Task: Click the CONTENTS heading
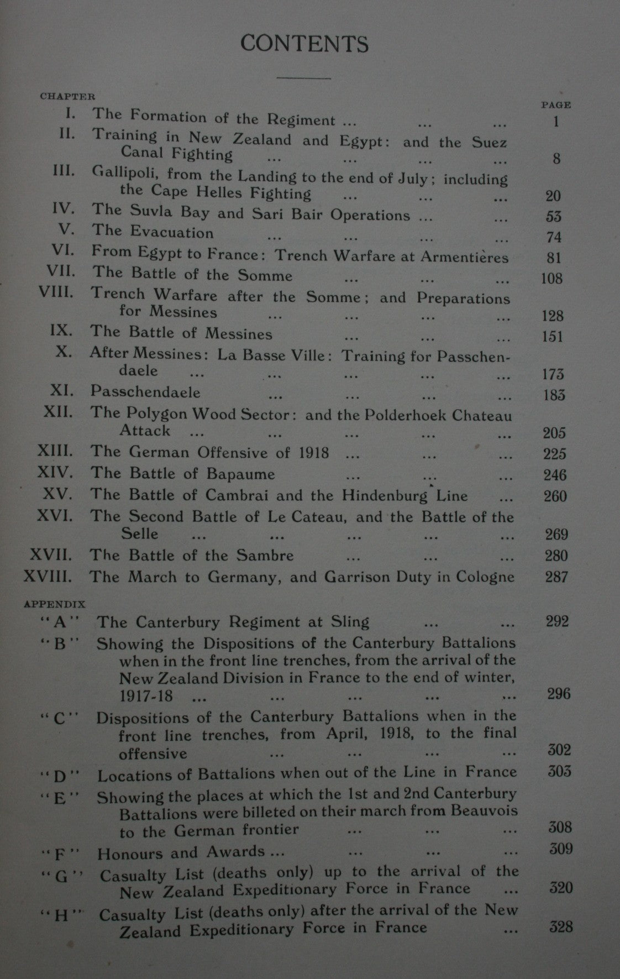[x=304, y=44]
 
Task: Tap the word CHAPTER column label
[x=67, y=96]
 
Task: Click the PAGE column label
[x=556, y=104]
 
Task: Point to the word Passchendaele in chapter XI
[x=145, y=392]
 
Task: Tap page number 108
[x=551, y=278]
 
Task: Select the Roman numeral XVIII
[x=48, y=577]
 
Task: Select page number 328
[x=561, y=926]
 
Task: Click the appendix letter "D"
[x=60, y=776]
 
